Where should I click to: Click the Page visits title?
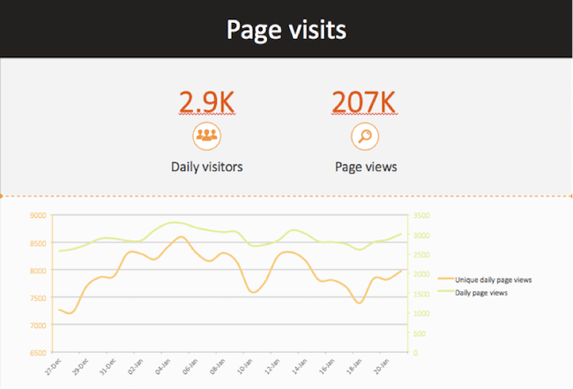point(286,29)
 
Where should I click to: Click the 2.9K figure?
point(206,102)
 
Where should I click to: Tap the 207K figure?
point(364,102)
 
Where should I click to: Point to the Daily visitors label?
point(206,166)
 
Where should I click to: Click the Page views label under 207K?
point(365,166)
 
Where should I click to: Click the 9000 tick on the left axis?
point(37,214)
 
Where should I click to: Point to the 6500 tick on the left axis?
point(37,353)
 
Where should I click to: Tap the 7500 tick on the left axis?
point(37,297)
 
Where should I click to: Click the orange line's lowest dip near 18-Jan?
point(358,303)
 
